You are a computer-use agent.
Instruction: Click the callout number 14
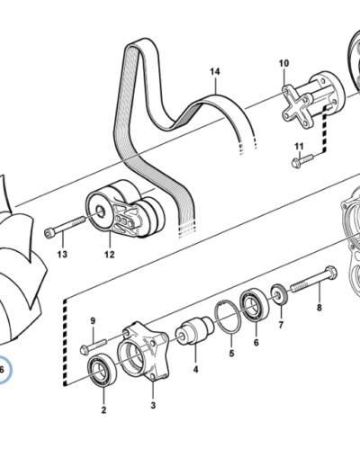pos(215,72)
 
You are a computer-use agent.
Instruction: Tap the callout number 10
pos(283,63)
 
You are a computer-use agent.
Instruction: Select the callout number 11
pos(299,147)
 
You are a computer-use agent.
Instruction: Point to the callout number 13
pos(62,255)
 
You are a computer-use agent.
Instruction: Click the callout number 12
pos(110,255)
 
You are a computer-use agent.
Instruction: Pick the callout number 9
pos(93,320)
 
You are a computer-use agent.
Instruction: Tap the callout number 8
pos(319,308)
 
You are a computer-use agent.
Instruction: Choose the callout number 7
pos(281,325)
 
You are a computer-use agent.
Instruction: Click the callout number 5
pos(231,354)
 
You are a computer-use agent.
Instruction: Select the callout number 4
pos(195,369)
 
